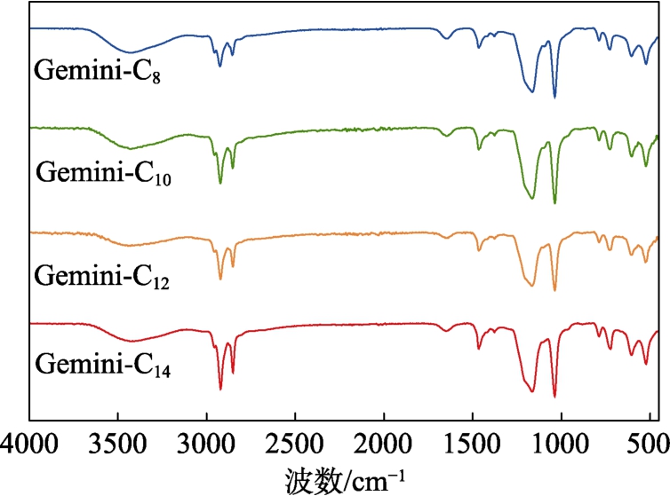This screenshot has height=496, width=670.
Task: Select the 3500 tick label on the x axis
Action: click(x=117, y=440)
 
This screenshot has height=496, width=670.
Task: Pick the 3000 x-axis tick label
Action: click(x=206, y=440)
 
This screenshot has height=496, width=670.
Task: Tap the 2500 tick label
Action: click(x=295, y=440)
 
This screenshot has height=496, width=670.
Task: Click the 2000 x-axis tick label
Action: click(x=384, y=440)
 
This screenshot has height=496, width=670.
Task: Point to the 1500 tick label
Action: click(x=473, y=440)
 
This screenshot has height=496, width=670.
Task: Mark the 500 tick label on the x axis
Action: click(x=647, y=440)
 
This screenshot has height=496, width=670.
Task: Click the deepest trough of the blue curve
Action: click(x=554, y=98)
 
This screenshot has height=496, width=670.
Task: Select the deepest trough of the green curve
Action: click(x=554, y=203)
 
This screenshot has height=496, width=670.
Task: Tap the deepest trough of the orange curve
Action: click(x=554, y=290)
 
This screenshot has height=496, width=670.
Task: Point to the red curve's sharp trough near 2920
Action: click(x=220, y=389)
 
